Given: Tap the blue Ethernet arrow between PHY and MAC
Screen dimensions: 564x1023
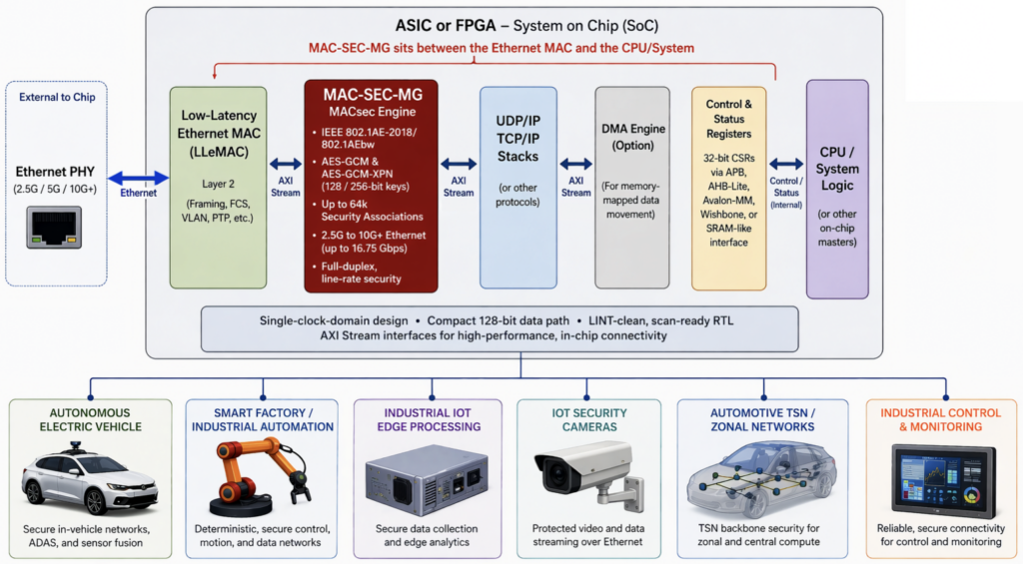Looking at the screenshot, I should [133, 177].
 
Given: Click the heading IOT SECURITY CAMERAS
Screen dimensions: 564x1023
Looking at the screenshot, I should [589, 419].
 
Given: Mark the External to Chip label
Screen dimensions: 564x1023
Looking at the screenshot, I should [64, 97].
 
